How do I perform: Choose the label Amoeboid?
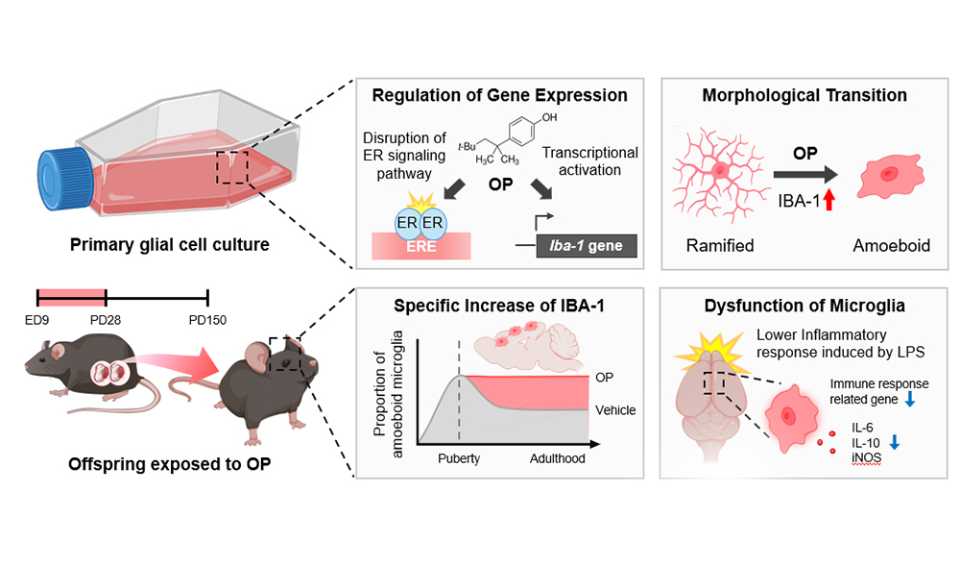(x=894, y=246)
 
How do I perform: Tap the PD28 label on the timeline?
(x=106, y=319)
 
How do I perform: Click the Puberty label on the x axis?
(x=459, y=458)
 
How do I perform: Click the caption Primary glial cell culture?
(x=169, y=244)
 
